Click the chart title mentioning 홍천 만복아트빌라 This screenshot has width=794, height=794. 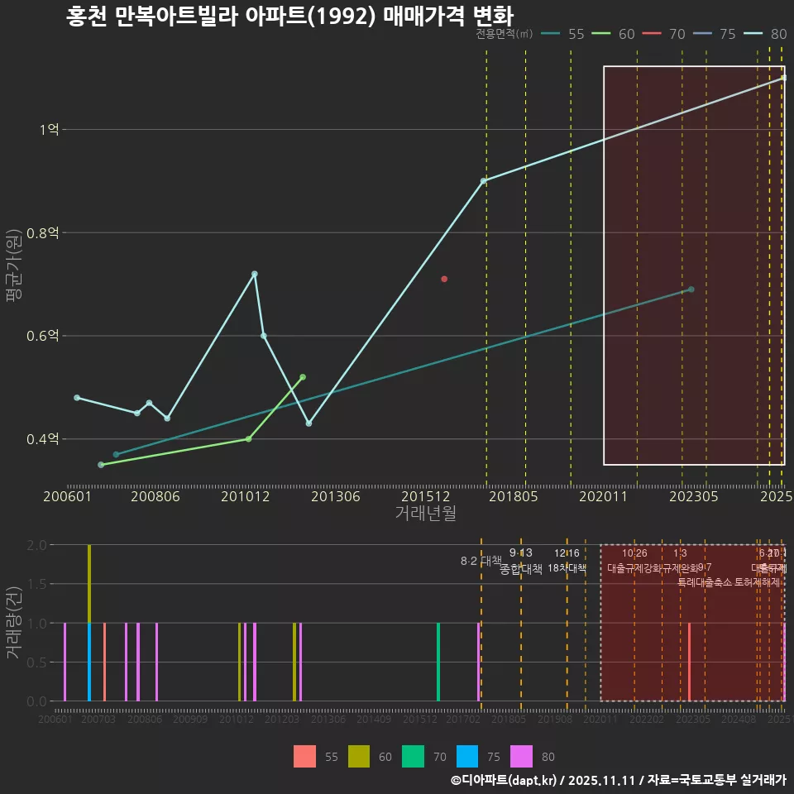click(x=289, y=17)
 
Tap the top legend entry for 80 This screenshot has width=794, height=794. click(x=765, y=34)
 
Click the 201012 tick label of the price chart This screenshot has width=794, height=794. click(x=246, y=497)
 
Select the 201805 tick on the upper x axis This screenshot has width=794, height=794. click(x=514, y=497)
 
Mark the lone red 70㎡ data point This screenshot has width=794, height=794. click(x=444, y=279)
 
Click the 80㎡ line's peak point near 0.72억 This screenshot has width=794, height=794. click(x=255, y=274)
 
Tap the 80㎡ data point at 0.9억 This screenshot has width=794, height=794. click(x=484, y=181)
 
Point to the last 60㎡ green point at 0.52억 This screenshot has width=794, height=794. click(x=303, y=377)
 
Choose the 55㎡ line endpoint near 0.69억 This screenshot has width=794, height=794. click(x=691, y=289)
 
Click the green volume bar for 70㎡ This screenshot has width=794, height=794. click(x=438, y=662)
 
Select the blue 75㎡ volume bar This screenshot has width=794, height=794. click(x=89, y=662)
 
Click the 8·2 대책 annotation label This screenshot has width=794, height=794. click(x=481, y=561)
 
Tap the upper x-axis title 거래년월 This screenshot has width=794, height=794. click(x=425, y=514)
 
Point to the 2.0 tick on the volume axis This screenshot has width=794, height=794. click(x=37, y=545)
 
